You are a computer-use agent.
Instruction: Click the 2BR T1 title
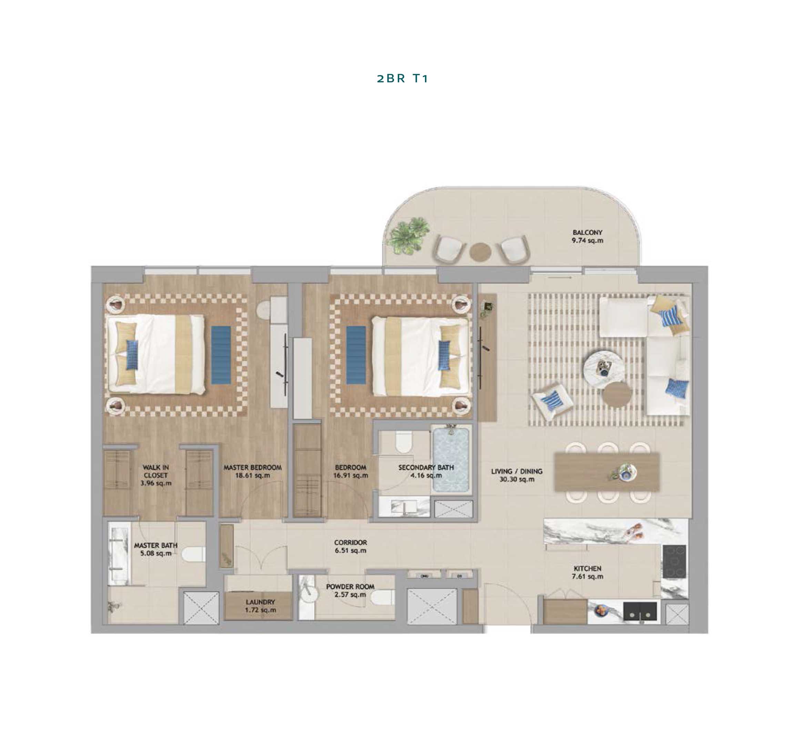[x=402, y=79]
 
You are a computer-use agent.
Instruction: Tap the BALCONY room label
[x=587, y=232]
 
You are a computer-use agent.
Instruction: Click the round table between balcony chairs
[x=480, y=252]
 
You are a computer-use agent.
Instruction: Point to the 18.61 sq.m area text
[x=252, y=475]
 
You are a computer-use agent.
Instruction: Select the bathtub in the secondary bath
[x=451, y=460]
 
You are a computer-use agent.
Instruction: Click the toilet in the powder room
[x=382, y=597]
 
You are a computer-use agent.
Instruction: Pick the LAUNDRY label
[x=260, y=602]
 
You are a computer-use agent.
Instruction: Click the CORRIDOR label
[x=351, y=542]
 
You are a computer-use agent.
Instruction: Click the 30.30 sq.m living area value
[x=517, y=479]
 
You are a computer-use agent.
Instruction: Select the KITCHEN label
[x=587, y=568]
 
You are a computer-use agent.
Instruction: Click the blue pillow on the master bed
[x=132, y=355]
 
